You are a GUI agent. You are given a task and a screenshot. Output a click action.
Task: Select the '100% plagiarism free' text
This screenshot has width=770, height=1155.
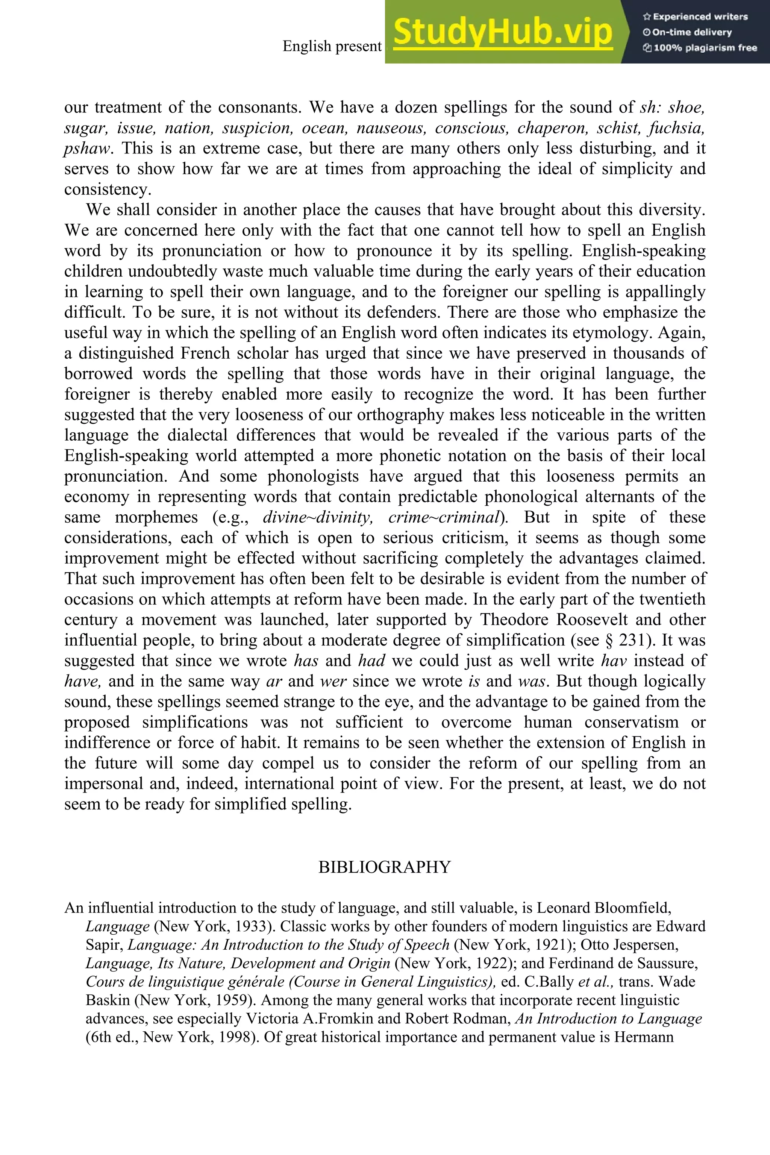[x=699, y=48]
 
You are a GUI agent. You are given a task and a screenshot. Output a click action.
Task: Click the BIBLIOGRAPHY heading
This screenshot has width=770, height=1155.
[x=385, y=867]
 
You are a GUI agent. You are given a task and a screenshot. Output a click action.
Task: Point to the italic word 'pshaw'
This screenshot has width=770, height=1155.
[x=86, y=148]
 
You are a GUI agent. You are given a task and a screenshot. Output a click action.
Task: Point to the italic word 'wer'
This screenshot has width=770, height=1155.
[x=333, y=682]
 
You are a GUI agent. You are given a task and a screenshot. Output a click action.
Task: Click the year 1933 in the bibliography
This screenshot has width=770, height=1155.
[x=250, y=927]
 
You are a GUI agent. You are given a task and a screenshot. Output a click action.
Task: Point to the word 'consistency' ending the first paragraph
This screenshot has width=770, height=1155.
[x=106, y=189]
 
